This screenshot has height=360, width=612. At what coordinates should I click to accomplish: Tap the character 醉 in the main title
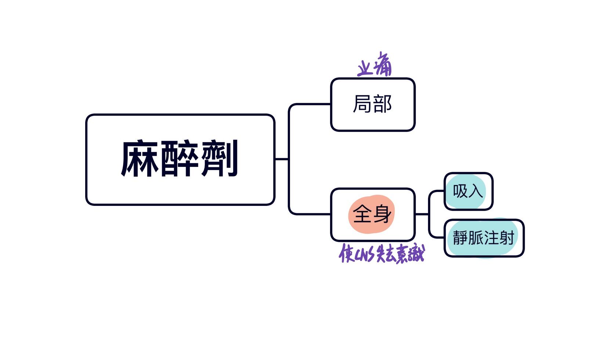[180, 159]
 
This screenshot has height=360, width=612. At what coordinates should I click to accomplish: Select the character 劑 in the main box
[220, 159]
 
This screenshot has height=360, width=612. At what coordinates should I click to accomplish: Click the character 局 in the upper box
[362, 104]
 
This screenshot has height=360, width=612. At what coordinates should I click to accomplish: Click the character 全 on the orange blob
[362, 214]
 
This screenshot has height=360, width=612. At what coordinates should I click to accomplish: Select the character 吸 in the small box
[460, 191]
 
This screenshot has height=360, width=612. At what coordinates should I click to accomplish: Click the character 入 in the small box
[475, 191]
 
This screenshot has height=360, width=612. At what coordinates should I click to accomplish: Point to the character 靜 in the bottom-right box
[460, 238]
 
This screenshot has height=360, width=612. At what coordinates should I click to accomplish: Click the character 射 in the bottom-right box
[507, 238]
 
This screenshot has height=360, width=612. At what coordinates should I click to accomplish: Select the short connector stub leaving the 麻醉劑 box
[282, 159]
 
